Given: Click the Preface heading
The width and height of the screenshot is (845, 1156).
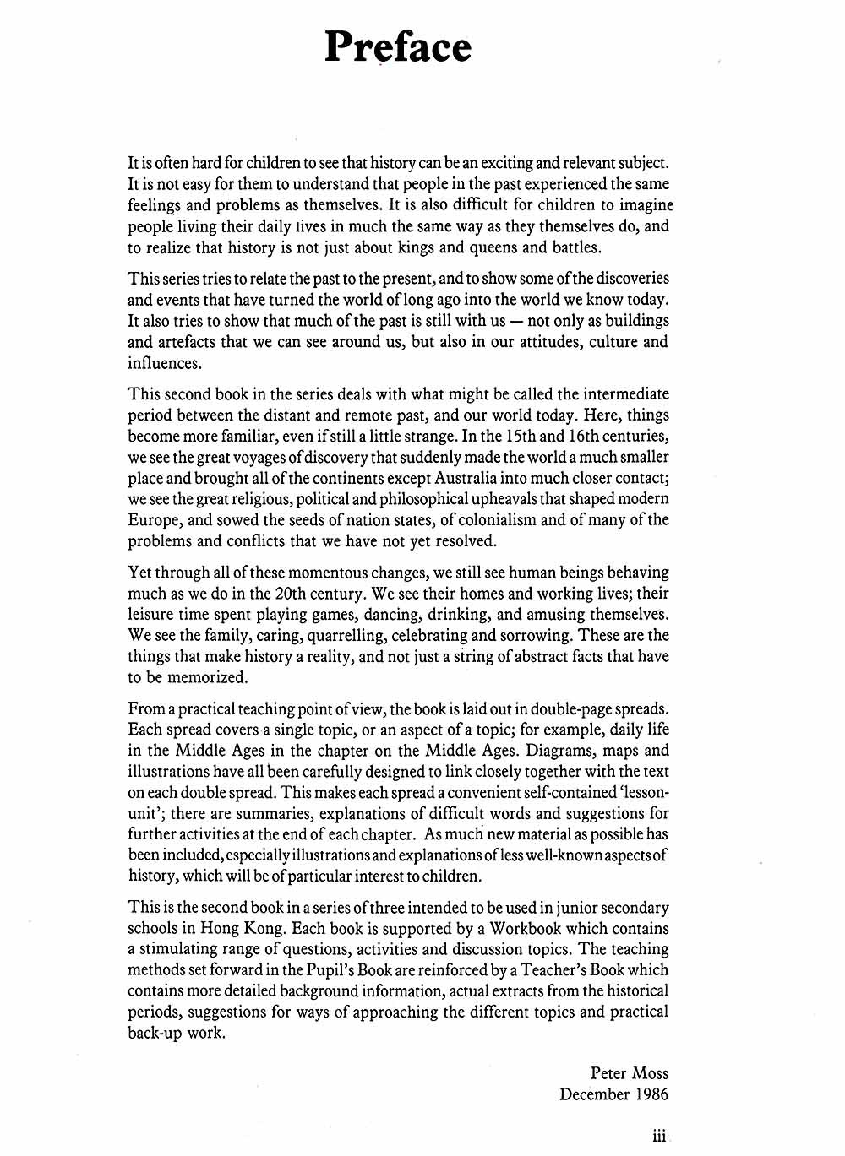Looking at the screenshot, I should click(398, 46).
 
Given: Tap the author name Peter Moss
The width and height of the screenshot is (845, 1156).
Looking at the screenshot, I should click(630, 1073).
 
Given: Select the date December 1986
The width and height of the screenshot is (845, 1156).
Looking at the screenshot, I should click(613, 1094).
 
